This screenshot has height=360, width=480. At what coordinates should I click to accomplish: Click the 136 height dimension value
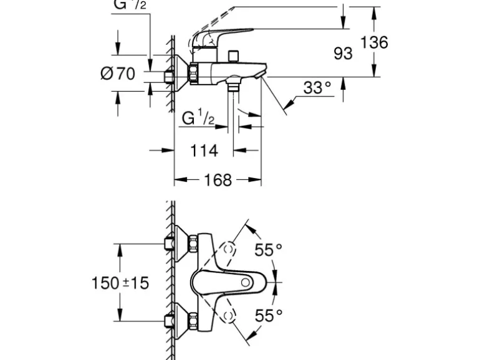coord(374,42)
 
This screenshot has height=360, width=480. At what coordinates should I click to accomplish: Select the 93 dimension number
coord(343,54)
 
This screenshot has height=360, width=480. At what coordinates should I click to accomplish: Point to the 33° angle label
coord(317,88)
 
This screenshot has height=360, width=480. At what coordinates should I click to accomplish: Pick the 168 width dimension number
coord(218,180)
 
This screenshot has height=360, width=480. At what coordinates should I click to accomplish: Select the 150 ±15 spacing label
coord(120,283)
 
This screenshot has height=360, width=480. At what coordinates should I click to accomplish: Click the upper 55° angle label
coord(269,250)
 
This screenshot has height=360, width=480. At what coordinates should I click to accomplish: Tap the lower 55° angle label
coord(269,315)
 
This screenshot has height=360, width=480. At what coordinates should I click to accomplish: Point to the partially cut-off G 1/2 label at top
coord(129,6)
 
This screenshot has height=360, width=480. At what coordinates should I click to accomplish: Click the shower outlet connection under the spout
coord(234,87)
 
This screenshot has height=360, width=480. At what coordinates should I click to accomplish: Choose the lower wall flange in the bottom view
coord(179,321)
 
